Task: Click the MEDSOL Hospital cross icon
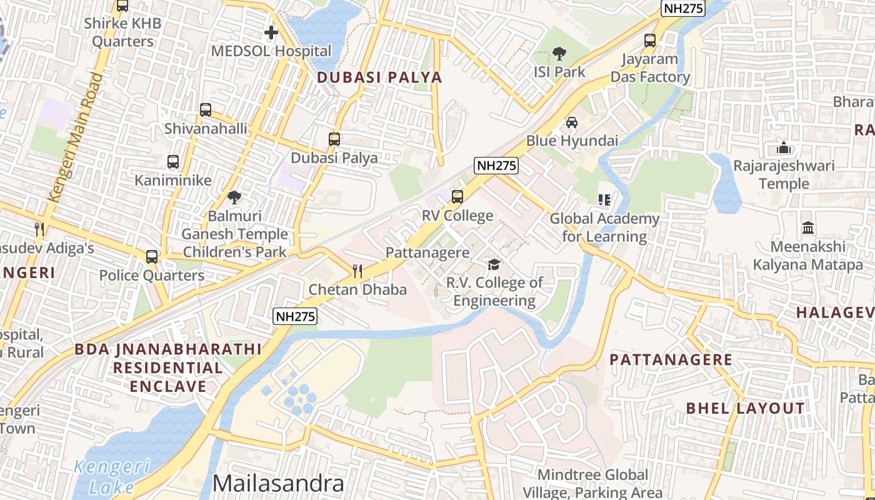[x=271, y=32]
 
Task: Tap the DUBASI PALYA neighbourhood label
[x=379, y=77]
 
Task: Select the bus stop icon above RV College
[x=457, y=197]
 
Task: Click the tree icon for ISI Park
[x=559, y=54]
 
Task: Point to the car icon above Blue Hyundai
[x=571, y=122]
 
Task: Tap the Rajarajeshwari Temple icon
[x=783, y=148]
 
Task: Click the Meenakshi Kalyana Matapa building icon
[x=807, y=227]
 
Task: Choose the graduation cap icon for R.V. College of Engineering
[x=494, y=264]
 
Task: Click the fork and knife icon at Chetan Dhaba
[x=357, y=271]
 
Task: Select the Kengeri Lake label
[x=112, y=476]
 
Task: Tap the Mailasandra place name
[x=278, y=483]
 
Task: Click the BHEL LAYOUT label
[x=746, y=408]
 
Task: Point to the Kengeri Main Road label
[x=74, y=137]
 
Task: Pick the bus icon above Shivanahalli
[x=206, y=110]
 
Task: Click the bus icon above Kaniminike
[x=173, y=162]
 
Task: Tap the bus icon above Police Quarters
[x=151, y=256]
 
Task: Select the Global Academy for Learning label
[x=604, y=227]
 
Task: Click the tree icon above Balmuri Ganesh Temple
[x=234, y=197]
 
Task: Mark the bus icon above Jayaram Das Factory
[x=650, y=41]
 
